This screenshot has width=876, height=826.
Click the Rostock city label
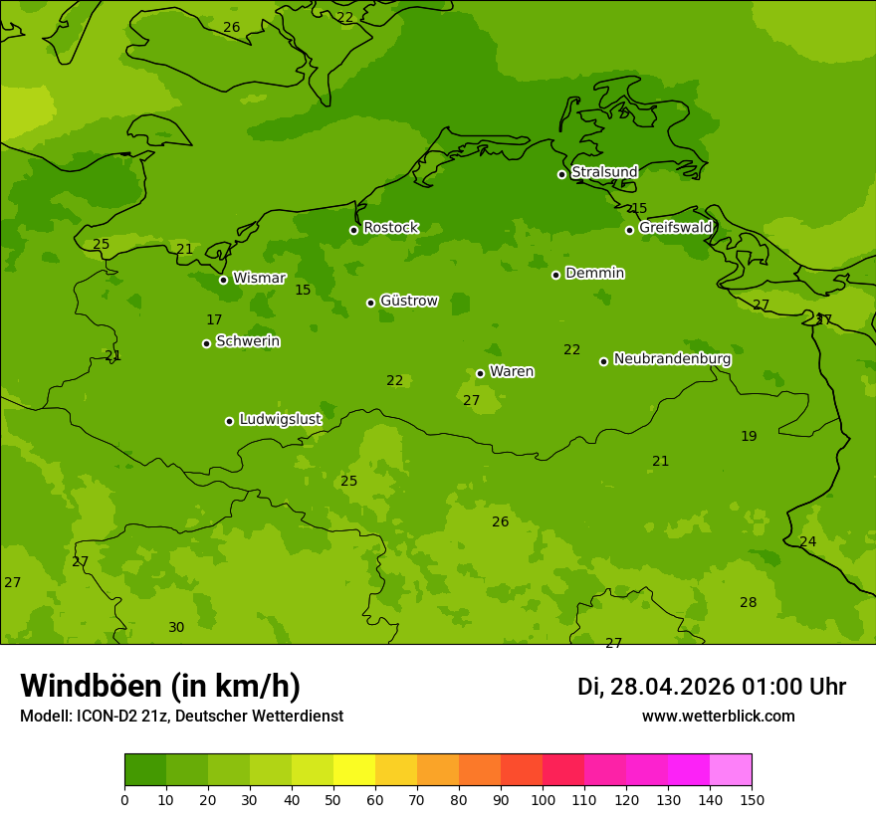pyautogui.click(x=390, y=228)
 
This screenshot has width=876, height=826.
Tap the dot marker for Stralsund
pyautogui.click(x=561, y=174)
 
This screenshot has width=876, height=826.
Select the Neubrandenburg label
pyautogui.click(x=672, y=359)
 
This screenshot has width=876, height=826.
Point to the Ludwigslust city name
pyautogui.click(x=280, y=420)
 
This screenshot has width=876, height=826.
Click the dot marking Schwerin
pyautogui.click(x=207, y=343)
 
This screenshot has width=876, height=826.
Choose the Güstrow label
pyautogui.click(x=408, y=301)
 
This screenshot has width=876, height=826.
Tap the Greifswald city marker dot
pyautogui.click(x=629, y=230)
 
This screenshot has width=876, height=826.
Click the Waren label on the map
pyautogui.click(x=512, y=372)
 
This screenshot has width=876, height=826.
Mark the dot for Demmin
pyautogui.click(x=555, y=275)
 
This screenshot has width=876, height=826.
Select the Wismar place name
pyautogui.click(x=259, y=279)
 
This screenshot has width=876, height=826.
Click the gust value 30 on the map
pyautogui.click(x=176, y=628)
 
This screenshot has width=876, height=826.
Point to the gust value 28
pyautogui.click(x=749, y=603)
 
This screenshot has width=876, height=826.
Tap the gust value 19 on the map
pyautogui.click(x=749, y=437)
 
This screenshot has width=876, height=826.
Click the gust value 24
pyautogui.click(x=808, y=542)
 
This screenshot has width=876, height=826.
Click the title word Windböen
pyautogui.click(x=91, y=686)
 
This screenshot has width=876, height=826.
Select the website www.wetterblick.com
pyautogui.click(x=718, y=717)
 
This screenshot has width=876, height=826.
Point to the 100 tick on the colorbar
pyautogui.click(x=543, y=799)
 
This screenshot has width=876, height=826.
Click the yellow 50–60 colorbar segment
pyautogui.click(x=353, y=770)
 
